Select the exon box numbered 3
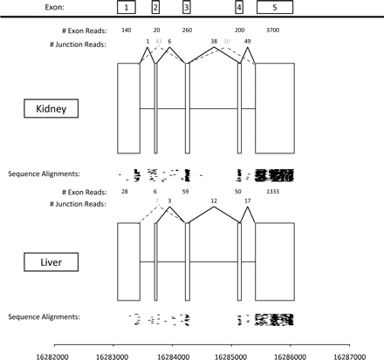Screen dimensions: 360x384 (x=186, y=8)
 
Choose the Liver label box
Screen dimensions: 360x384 (x=51, y=259)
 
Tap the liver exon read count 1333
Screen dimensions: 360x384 (x=273, y=190)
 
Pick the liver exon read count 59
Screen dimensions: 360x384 (x=185, y=190)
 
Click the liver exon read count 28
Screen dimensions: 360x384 (x=125, y=190)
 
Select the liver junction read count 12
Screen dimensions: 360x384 (x=214, y=201)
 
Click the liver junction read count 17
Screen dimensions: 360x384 (x=248, y=201)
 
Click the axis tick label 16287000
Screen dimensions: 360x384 (x=349, y=353)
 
